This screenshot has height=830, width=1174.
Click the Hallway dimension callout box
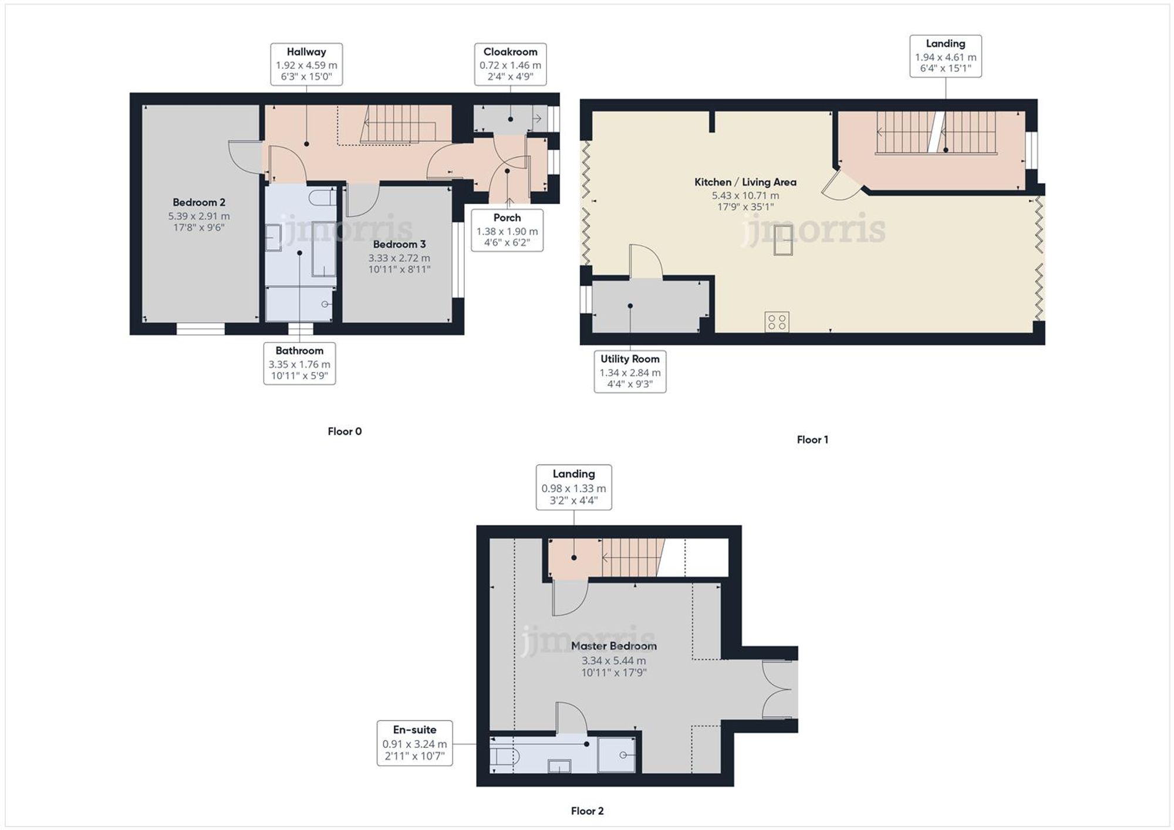(306, 64)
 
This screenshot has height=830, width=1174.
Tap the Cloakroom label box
(510, 64)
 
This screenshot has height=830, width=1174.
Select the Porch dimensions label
(507, 230)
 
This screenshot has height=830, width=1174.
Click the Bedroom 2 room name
(198, 202)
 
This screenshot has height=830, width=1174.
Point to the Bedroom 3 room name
(399, 244)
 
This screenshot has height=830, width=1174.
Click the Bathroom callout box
(299, 363)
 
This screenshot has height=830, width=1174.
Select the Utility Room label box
(630, 371)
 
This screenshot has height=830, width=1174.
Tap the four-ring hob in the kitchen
(777, 321)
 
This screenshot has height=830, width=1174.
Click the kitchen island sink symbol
(783, 240)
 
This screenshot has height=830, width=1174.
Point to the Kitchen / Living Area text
(745, 182)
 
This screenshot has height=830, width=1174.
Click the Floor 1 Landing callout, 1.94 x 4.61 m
(945, 56)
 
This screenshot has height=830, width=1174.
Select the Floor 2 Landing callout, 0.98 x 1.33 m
(573, 487)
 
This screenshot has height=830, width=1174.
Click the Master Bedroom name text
(613, 646)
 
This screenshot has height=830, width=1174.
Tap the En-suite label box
(414, 743)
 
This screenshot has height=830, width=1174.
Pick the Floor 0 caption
(345, 431)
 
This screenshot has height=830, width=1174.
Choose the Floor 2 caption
(587, 811)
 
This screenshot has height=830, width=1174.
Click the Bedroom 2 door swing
(245, 157)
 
